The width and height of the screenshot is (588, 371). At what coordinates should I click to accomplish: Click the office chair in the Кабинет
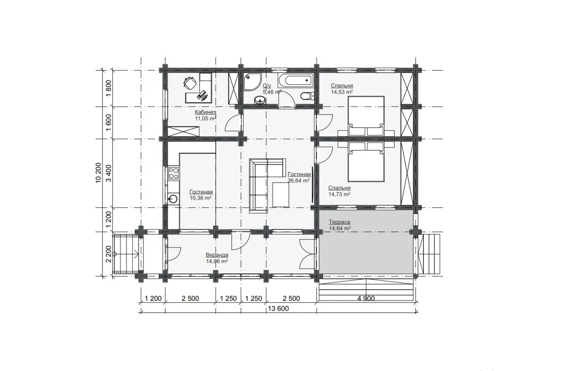[190, 83]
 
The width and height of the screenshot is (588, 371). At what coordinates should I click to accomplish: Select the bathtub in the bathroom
[296, 80]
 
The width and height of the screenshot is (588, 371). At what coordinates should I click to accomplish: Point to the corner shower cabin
[252, 82]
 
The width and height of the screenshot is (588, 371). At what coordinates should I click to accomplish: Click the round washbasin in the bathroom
[260, 100]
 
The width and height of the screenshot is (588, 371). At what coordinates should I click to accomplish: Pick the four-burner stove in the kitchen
[173, 173]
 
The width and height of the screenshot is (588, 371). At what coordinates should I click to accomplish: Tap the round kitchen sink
[173, 199]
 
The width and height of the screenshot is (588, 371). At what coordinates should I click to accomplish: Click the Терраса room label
[340, 222]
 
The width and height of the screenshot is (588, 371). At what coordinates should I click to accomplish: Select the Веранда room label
[217, 255]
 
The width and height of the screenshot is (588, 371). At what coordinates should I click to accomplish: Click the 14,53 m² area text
[342, 92]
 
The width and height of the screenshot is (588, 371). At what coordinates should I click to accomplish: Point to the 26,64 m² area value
[299, 181]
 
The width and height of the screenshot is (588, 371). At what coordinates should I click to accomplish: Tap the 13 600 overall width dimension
[278, 308]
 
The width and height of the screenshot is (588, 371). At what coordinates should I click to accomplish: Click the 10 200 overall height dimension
[98, 173]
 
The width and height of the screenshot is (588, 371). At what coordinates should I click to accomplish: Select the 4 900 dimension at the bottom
[366, 298]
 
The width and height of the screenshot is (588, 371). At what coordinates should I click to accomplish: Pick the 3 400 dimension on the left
[108, 173]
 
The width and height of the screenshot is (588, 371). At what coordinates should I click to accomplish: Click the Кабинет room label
[205, 112]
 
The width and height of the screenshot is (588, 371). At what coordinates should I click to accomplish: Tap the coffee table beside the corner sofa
[281, 195]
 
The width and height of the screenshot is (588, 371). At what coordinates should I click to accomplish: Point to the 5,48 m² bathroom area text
[272, 92]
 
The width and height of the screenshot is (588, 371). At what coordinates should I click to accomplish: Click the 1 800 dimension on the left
[108, 88]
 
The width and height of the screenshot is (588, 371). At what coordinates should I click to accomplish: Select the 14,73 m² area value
[340, 194]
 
